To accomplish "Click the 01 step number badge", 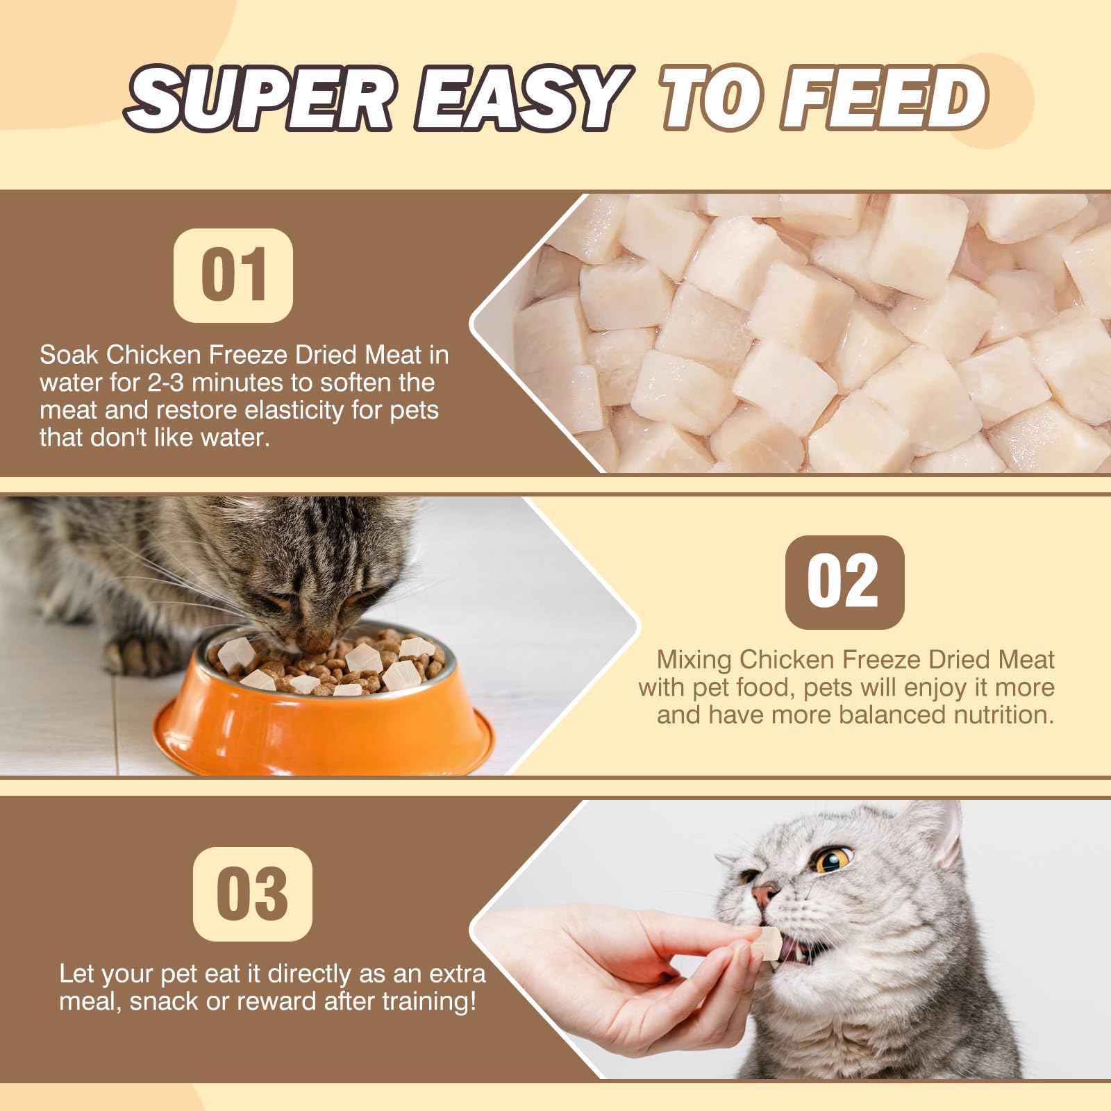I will tap(233, 275).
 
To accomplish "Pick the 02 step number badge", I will tap(844, 582).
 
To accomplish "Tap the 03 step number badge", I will tap(252, 894).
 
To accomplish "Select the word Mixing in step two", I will tap(694, 659).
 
